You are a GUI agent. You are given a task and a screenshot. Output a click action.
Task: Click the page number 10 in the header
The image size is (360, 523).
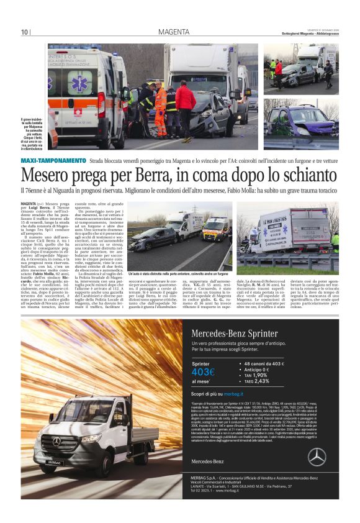25,32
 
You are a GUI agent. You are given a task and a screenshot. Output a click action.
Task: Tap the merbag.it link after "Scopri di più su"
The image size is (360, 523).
233,394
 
